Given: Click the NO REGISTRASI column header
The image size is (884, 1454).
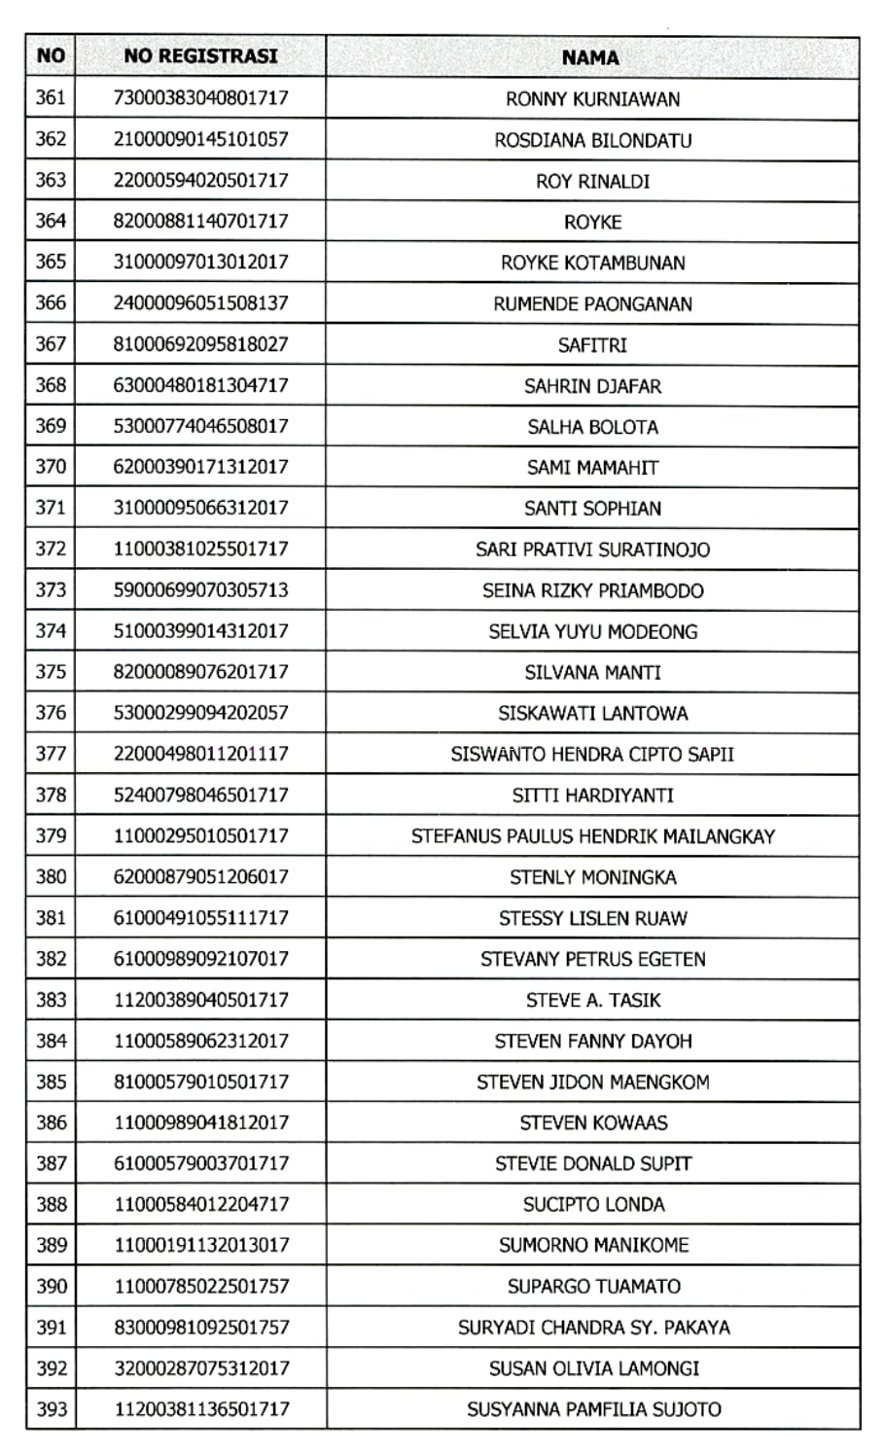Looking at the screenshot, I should (200, 56).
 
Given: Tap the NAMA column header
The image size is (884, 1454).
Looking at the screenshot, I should (590, 57).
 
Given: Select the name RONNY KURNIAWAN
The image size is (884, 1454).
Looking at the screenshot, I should (592, 99).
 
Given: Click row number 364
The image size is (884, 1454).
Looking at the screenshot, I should (51, 221).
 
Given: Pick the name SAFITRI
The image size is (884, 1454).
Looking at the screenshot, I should (592, 345).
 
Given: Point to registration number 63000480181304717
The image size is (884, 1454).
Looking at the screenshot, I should (201, 385).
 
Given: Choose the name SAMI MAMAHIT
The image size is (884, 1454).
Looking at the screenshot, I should (592, 468).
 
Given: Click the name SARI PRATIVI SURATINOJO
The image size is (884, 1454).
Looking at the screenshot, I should (592, 550).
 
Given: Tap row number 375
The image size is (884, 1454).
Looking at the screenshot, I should (51, 671).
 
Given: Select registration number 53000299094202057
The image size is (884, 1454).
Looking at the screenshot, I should (201, 712).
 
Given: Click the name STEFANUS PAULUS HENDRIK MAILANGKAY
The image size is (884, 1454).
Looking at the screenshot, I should (592, 836).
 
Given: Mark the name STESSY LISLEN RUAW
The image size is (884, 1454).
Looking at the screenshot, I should (592, 918).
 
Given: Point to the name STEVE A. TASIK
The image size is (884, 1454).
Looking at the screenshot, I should (592, 1000).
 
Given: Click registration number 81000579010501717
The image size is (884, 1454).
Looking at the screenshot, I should (201, 1082).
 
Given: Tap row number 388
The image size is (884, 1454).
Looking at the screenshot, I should (51, 1204).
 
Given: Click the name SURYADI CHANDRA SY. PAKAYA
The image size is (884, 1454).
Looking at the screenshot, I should (592, 1328).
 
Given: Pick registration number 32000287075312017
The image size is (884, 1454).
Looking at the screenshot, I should (201, 1368).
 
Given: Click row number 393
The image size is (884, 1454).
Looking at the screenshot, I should (51, 1408).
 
